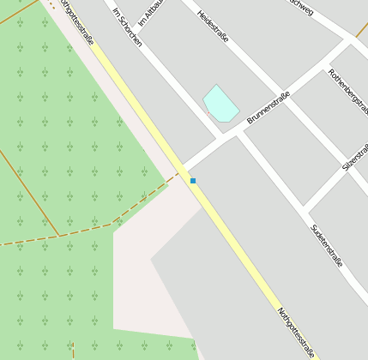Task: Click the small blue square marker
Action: click(193, 181)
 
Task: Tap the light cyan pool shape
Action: click(220, 105)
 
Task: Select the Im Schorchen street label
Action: click(128, 28)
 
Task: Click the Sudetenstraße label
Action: click(326, 245)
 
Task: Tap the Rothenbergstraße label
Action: click(348, 95)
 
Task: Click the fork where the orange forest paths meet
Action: click(58, 236)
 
